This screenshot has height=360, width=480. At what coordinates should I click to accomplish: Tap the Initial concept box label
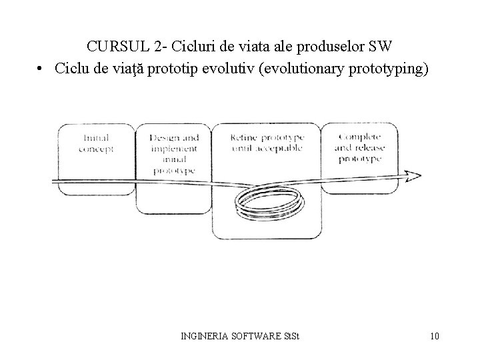pyautogui.click(x=96, y=143)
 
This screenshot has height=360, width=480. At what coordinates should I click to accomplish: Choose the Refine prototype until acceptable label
pyautogui.click(x=266, y=142)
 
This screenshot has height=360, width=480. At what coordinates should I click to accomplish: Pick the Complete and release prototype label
pyautogui.click(x=359, y=148)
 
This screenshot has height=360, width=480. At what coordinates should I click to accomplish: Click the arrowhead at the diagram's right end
pyautogui.click(x=413, y=176)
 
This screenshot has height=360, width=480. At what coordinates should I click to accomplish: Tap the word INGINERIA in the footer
pyautogui.click(x=205, y=335)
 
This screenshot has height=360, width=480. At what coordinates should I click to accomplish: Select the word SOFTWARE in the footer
pyautogui.click(x=257, y=335)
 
